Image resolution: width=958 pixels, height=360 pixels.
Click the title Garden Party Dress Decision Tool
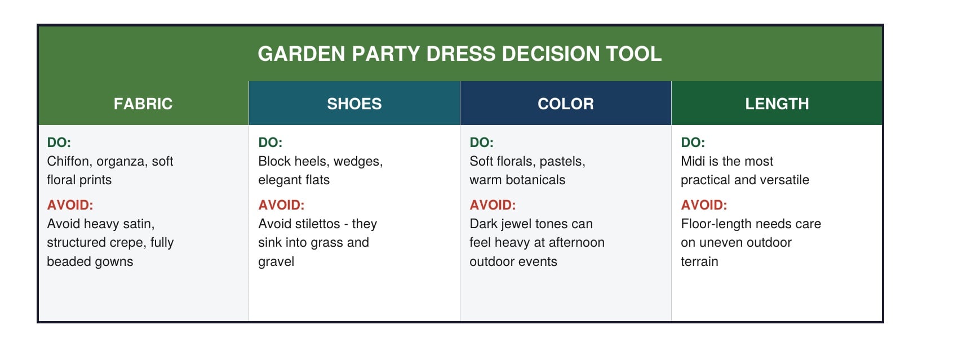tap(459, 54)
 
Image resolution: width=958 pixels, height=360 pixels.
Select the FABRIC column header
tap(143, 104)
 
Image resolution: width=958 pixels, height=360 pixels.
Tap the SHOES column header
tap(354, 104)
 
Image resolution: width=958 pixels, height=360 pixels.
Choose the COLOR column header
tap(566, 104)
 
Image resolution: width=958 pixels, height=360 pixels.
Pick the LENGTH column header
tap(777, 104)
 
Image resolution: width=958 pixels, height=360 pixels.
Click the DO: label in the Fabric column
tap(59, 143)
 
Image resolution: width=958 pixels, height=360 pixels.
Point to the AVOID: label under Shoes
tap(281, 205)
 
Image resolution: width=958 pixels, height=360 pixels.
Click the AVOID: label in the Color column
tap(493, 205)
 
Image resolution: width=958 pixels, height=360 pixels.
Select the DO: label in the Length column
tap(693, 143)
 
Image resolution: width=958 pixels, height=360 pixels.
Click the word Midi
tap(693, 162)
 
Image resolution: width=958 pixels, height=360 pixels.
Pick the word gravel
tap(276, 262)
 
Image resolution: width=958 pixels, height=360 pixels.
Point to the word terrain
tap(699, 262)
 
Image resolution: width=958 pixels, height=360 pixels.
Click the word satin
tap(138, 224)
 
